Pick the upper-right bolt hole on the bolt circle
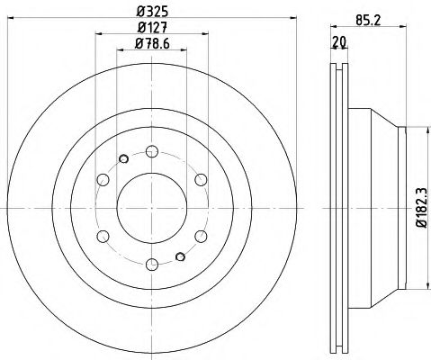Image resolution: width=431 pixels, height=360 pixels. (x=200, y=178)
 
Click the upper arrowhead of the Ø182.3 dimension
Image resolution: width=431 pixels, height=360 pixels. (x=411, y=130)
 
